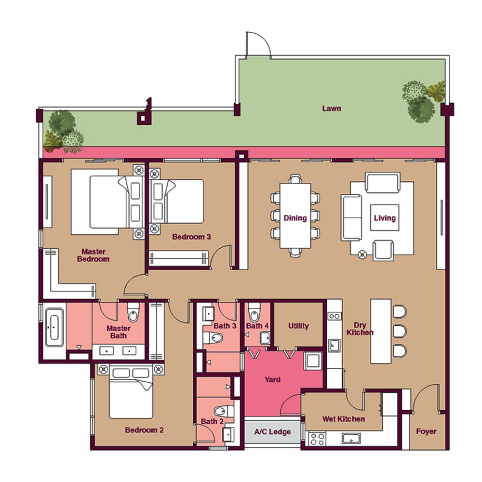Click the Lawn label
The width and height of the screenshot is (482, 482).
[332, 108]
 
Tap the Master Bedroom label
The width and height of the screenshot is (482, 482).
[93, 255]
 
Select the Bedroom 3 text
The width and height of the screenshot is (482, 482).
[191, 237]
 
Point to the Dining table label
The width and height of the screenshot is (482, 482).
[295, 218]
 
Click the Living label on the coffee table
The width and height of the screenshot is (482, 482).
[385, 218]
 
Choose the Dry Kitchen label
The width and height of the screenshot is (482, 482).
[360, 329]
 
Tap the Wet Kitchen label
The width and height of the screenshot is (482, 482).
[343, 419]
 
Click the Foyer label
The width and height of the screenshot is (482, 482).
[426, 431]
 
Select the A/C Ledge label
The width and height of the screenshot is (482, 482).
[272, 432]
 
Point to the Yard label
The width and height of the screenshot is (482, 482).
[272, 380]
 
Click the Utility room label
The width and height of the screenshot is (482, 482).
[298, 326]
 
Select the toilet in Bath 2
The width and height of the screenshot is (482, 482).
[224, 411]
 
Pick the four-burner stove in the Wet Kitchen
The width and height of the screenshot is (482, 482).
[318, 439]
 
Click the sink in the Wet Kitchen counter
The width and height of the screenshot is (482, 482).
[351, 438]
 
